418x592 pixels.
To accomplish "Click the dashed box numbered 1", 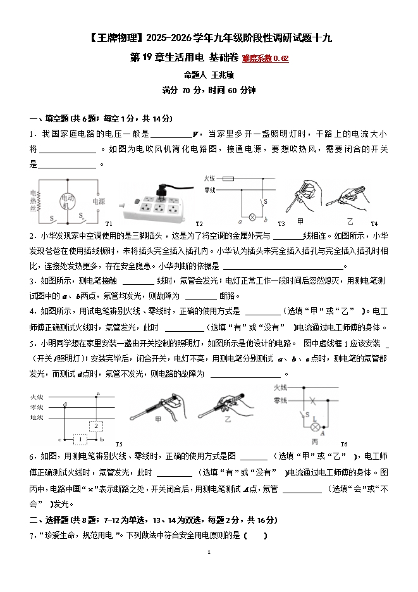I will [x=80, y=439].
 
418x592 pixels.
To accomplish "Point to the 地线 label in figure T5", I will [x=36, y=418].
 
